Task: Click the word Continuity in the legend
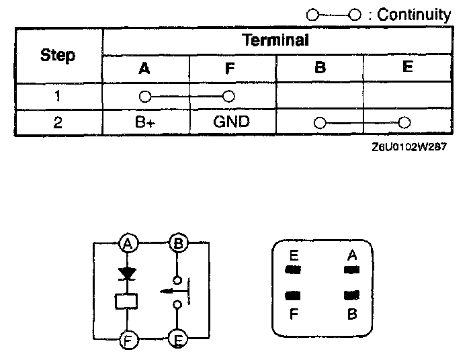[x=414, y=15]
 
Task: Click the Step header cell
[x=58, y=55]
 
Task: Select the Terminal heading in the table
[x=275, y=40]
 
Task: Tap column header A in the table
[x=144, y=69]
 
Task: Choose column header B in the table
[x=320, y=69]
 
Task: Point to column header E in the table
[x=406, y=67]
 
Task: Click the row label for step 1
[x=58, y=95]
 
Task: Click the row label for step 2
[x=58, y=123]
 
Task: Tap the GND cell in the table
[x=231, y=122]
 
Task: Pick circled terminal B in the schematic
[x=178, y=243]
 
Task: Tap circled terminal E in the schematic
[x=178, y=340]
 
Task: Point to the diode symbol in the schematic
[x=126, y=273]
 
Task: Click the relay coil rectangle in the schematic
[x=126, y=302]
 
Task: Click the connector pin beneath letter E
[x=293, y=271]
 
